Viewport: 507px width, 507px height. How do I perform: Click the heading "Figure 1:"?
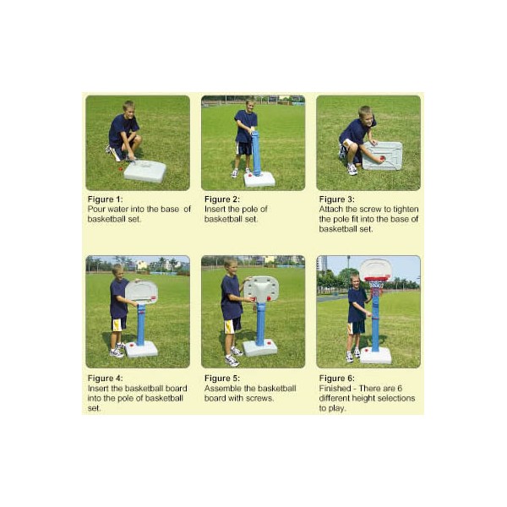click(x=105, y=199)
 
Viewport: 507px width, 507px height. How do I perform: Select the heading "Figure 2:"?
click(x=222, y=199)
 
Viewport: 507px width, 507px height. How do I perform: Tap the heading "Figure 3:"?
click(x=336, y=199)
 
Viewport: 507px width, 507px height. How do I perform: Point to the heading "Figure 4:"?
click(x=105, y=378)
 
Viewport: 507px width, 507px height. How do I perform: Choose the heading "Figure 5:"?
click(x=222, y=378)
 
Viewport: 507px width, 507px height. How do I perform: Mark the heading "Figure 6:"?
click(x=336, y=378)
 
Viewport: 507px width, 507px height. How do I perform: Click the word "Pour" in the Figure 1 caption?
click(x=96, y=210)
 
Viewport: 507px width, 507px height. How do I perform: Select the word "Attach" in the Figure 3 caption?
click(x=330, y=210)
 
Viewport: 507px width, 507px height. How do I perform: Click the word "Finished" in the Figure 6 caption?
click(x=335, y=388)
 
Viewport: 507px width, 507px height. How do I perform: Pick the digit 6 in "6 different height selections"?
click(x=400, y=388)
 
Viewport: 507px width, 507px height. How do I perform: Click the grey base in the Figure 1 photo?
click(x=144, y=172)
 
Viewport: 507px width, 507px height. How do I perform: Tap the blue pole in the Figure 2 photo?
click(x=256, y=153)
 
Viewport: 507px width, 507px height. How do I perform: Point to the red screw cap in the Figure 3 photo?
click(x=382, y=159)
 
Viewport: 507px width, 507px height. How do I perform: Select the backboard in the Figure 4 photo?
click(x=141, y=292)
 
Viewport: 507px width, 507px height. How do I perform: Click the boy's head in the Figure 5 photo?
click(x=230, y=266)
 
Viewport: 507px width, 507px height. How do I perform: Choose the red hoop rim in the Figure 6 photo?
click(x=376, y=279)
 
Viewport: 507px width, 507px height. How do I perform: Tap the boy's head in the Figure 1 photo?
click(x=128, y=110)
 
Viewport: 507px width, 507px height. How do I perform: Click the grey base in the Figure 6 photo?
click(x=375, y=356)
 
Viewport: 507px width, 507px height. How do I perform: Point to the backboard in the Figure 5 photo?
click(x=261, y=289)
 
